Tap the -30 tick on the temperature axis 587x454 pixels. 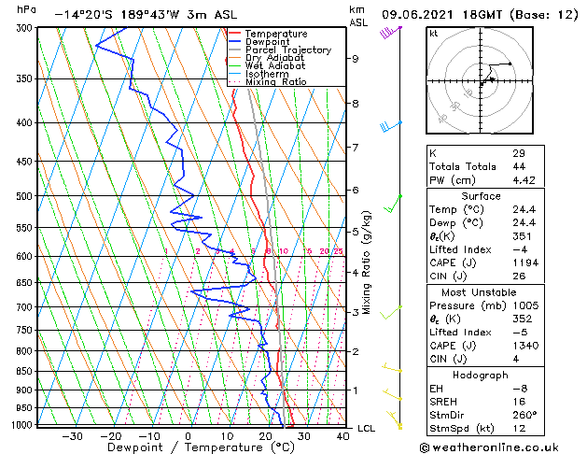72,435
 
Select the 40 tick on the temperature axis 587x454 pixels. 342,435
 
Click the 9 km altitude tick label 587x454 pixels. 355,59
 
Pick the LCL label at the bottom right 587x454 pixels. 367,428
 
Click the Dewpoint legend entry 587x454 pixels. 266,41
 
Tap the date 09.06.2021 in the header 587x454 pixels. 419,15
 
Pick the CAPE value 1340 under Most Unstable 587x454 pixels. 524,345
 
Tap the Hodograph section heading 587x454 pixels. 482,375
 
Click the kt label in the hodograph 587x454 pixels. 433,33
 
